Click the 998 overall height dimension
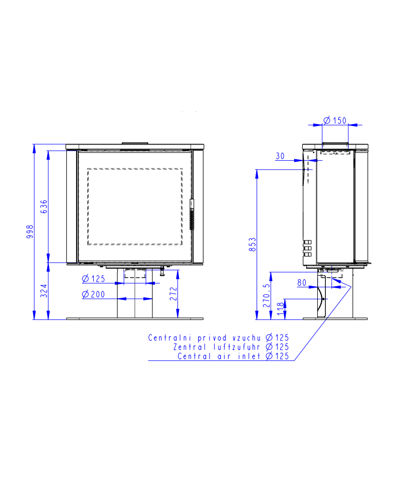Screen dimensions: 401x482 pyautogui.click(x=30, y=232)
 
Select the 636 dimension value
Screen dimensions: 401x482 pyautogui.click(x=44, y=206)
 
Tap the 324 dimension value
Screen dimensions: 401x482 pyautogui.click(x=44, y=291)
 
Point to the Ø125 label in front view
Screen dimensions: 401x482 pyautogui.click(x=94, y=279)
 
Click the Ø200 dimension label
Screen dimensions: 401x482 pyautogui.click(x=94, y=295)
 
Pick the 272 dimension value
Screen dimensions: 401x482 pyautogui.click(x=173, y=294)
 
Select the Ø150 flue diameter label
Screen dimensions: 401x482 pyautogui.click(x=335, y=120)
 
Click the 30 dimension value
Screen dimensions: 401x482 pyautogui.click(x=280, y=156)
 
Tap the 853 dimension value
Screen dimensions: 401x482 pyautogui.click(x=252, y=245)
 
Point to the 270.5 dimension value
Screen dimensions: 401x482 pyautogui.click(x=267, y=295)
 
